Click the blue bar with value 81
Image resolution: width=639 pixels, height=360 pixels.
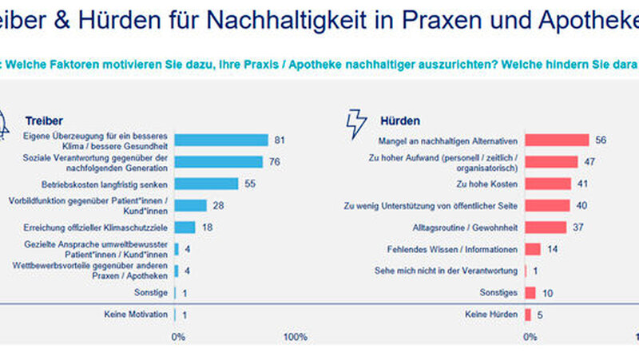click(221, 140)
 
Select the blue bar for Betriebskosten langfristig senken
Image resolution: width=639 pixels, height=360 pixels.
click(206, 184)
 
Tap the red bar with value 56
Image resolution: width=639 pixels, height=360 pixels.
click(557, 140)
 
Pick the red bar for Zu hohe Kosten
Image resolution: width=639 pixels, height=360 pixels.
click(548, 184)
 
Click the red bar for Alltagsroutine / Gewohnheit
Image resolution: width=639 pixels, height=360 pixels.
click(546, 227)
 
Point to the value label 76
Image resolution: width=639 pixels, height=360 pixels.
click(274, 162)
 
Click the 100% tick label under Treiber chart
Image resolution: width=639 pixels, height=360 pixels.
click(294, 337)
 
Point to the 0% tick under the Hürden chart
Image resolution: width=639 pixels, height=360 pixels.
click(530, 337)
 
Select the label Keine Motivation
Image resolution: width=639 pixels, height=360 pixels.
click(137, 315)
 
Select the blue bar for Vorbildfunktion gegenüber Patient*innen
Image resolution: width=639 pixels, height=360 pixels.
click(190, 205)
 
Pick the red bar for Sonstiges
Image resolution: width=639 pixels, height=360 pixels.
click(530, 293)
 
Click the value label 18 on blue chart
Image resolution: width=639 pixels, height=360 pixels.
click(207, 227)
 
